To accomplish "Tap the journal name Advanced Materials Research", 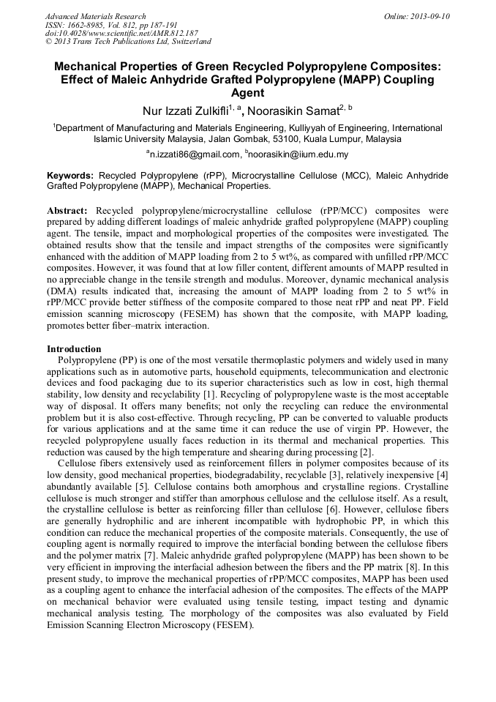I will (x=95, y=16).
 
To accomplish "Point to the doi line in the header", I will (x=121, y=34).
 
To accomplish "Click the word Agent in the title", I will (x=247, y=93).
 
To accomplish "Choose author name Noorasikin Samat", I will (x=294, y=111).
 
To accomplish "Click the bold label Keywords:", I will (x=70, y=176).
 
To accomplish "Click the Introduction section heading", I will (x=74, y=349).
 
